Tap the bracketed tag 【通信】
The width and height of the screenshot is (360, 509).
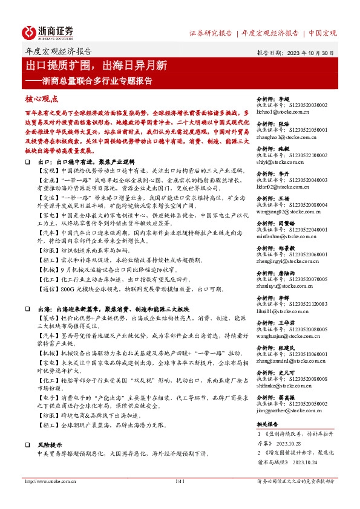tap(47, 290)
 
